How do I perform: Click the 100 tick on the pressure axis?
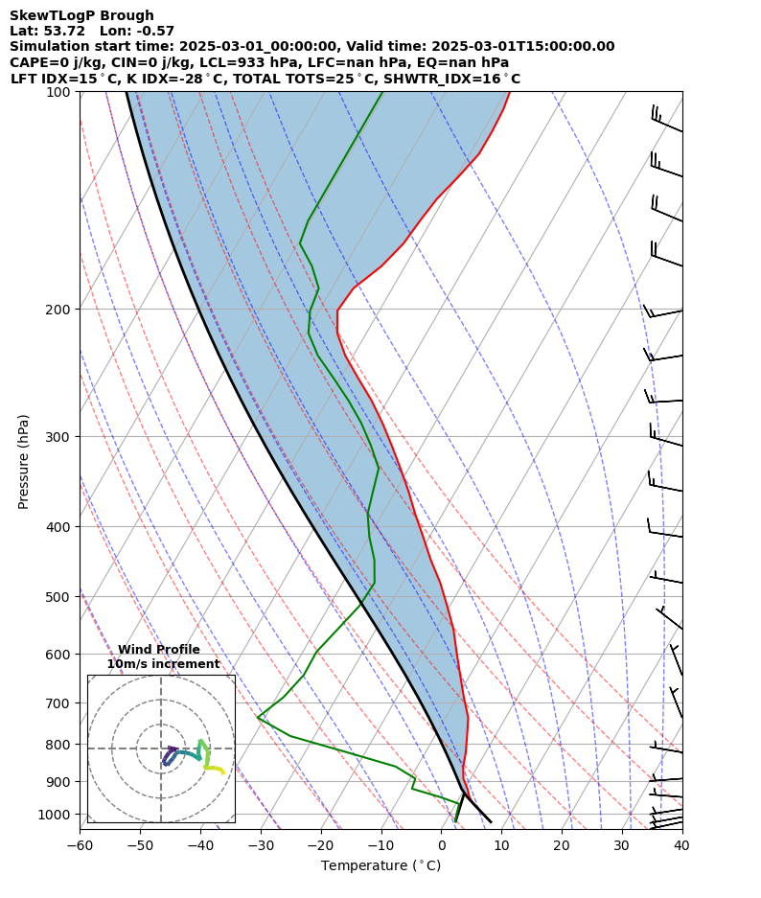tap(59, 92)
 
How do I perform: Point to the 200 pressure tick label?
tap(59, 310)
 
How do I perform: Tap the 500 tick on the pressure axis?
tap(59, 597)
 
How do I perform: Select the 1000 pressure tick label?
tap(56, 815)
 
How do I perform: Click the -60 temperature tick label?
tap(80, 845)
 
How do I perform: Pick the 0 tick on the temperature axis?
tap(442, 845)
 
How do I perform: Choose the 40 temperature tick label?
tap(681, 845)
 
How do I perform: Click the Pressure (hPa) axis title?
tap(23, 461)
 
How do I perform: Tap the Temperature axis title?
tap(380, 866)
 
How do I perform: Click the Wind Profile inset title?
tap(159, 650)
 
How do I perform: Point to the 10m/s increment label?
tap(163, 664)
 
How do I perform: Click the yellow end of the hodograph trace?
tap(223, 771)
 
